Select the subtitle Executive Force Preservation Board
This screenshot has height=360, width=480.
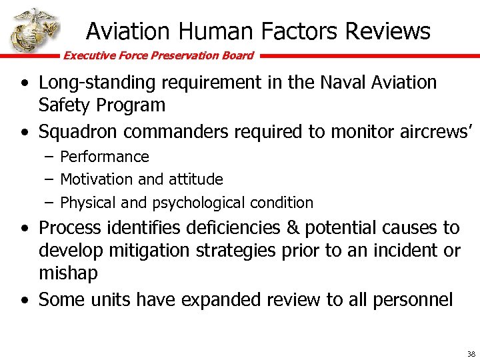click(x=158, y=55)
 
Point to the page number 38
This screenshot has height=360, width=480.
click(x=471, y=354)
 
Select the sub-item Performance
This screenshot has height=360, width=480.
click(x=105, y=157)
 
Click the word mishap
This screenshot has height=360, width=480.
click(x=69, y=273)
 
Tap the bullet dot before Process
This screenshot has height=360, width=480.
click(x=25, y=229)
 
